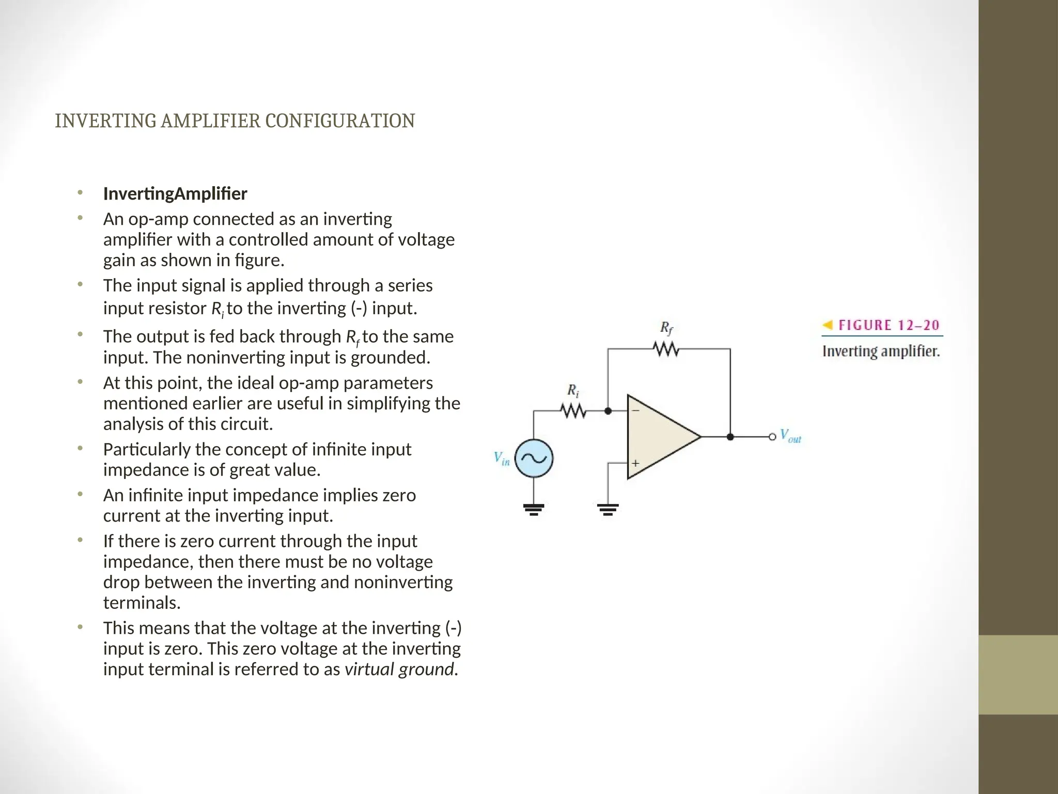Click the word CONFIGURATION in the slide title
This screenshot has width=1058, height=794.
click(x=339, y=121)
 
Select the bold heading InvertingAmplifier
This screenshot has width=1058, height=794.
click(x=175, y=194)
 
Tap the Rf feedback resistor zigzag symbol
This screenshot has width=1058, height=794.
click(x=666, y=349)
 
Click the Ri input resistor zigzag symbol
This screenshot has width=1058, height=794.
click(x=573, y=411)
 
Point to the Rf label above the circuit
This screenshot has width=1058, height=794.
click(x=666, y=328)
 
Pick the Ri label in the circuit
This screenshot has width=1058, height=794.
click(x=573, y=390)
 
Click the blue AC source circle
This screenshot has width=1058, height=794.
click(x=534, y=459)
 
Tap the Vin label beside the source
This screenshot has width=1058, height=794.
click(x=501, y=459)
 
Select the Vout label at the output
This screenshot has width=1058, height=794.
click(x=790, y=436)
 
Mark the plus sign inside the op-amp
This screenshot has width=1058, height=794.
click(x=635, y=463)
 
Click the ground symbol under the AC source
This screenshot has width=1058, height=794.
click(x=534, y=510)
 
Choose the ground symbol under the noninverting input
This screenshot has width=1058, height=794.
click(x=608, y=510)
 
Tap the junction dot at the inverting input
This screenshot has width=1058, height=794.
click(x=608, y=411)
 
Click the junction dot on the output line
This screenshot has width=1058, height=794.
click(x=730, y=437)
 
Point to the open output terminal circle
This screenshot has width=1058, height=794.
click(x=772, y=437)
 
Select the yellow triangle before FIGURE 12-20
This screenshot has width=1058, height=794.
click(x=828, y=325)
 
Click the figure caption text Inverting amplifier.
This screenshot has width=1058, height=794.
click(x=881, y=352)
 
